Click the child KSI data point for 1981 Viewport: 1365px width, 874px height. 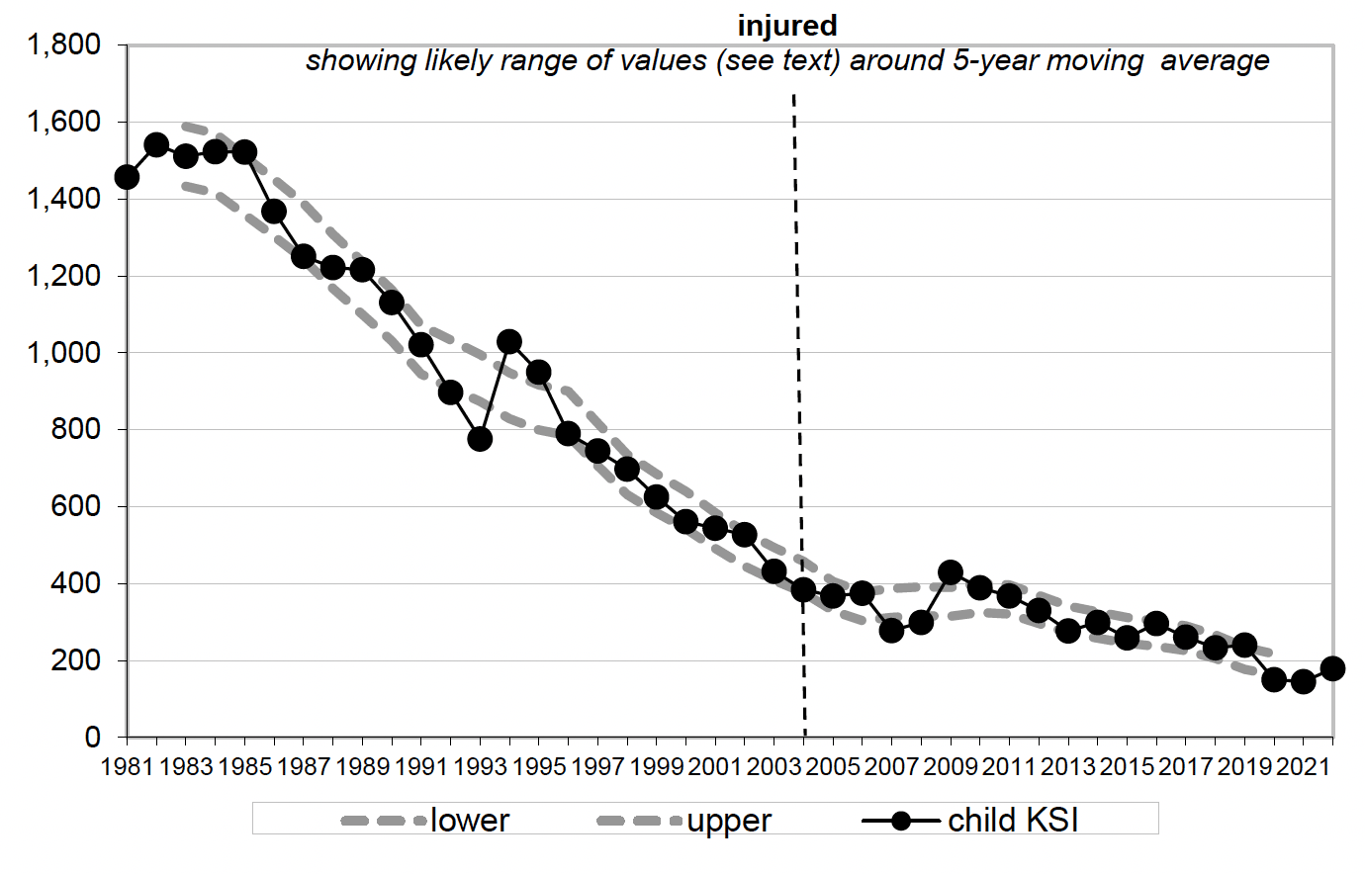pos(127,177)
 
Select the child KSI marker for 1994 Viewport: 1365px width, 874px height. pos(509,342)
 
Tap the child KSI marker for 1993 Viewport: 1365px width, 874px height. pos(480,438)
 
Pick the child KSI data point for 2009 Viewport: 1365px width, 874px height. pos(951,571)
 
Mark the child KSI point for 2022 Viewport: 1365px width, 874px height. pos(1332,668)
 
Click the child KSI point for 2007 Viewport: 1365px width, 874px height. pos(891,629)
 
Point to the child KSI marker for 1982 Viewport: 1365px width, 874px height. pos(156,145)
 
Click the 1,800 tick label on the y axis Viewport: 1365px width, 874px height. pos(64,44)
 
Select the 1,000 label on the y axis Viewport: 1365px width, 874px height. pos(64,353)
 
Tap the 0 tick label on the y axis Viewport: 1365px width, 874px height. pos(92,738)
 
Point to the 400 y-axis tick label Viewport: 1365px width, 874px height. pos(77,583)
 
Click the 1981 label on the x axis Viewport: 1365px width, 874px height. pos(128,767)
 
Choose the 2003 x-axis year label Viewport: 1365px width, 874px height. pos(773,767)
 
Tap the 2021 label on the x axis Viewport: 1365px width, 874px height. pos(1303,767)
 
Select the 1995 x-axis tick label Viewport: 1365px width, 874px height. pos(538,767)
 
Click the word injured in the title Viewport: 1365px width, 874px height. pos(787,25)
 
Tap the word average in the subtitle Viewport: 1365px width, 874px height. pos(1215,60)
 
